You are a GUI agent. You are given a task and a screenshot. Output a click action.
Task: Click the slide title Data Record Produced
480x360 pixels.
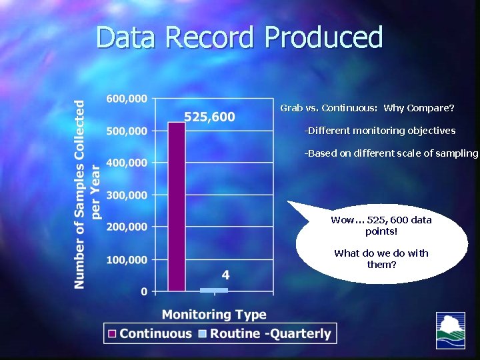tap(239, 37)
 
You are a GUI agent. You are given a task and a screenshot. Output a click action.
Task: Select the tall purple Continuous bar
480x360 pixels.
tap(176, 207)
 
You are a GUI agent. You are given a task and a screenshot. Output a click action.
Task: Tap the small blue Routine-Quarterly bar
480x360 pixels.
tap(214, 290)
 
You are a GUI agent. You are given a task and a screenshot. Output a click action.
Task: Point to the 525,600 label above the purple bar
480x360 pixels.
tap(209, 117)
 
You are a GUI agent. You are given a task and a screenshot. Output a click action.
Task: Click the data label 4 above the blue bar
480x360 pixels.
tap(226, 275)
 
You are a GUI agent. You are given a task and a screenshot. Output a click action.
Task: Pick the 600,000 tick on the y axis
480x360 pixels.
tap(127, 99)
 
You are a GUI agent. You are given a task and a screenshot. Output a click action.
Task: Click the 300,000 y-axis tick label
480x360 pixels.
tap(127, 195)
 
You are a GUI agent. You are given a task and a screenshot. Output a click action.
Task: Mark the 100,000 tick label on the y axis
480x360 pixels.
tap(127, 259)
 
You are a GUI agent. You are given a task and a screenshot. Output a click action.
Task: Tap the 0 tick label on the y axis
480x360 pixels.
tap(143, 291)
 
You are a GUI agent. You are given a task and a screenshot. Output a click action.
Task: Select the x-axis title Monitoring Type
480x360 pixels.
tap(214, 315)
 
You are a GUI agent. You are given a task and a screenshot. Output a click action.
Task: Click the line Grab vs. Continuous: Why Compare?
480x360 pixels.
tap(367, 108)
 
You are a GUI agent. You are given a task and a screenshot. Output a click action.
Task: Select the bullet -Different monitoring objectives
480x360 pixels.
tap(379, 131)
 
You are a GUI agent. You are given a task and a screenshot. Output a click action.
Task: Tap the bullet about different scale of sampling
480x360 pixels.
tap(391, 153)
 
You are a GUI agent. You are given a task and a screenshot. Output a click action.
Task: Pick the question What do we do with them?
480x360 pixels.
tap(381, 259)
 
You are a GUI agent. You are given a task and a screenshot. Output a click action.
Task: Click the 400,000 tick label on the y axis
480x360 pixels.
tap(127, 163)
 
